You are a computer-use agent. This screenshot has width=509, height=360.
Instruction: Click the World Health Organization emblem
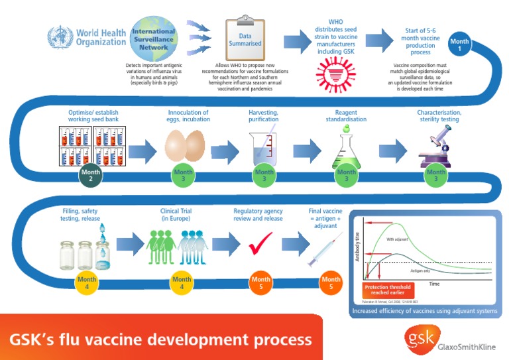point(61,36)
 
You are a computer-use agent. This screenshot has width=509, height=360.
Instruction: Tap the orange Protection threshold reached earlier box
point(396,290)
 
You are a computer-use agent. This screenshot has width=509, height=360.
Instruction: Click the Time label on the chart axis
point(434,283)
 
